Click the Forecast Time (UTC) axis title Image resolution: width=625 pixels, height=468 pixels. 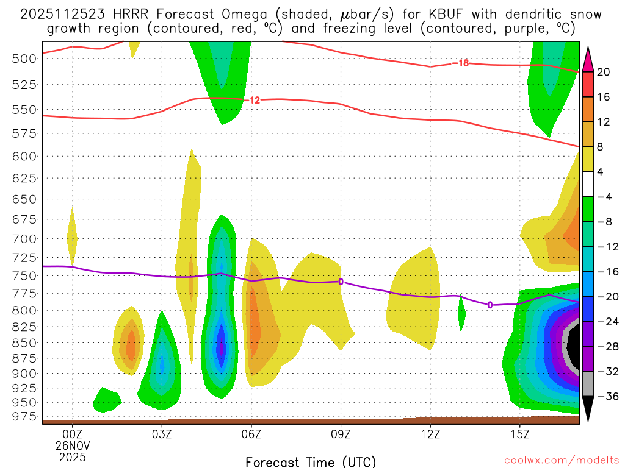point(311,461)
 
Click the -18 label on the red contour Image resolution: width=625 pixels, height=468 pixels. point(460,63)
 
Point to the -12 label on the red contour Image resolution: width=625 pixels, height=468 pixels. point(253,100)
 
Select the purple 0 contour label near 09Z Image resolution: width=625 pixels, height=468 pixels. point(341,282)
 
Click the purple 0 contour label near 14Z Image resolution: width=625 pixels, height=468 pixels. point(490,305)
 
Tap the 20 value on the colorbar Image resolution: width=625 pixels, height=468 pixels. point(604,72)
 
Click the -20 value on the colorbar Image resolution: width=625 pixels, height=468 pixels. point(604,297)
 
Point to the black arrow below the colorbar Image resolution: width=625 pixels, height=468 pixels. point(588,408)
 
